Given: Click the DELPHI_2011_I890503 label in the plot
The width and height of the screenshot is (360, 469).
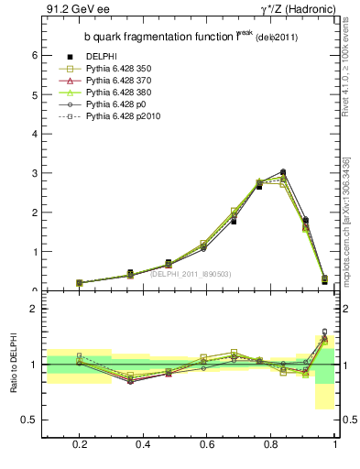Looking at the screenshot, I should pos(190,273).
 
